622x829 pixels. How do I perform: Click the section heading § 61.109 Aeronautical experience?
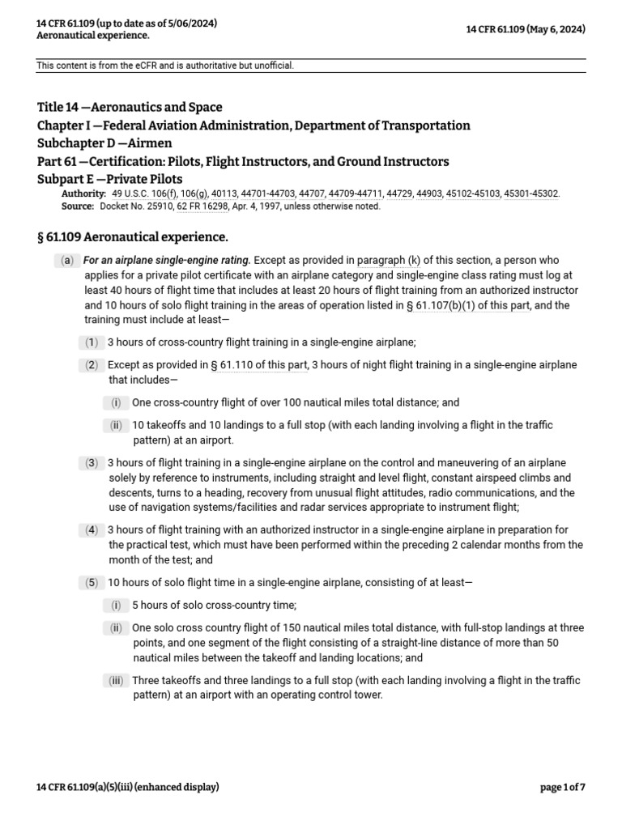tap(133, 237)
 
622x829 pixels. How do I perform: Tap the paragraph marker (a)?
tap(66, 261)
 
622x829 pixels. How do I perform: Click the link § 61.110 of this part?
tap(259, 365)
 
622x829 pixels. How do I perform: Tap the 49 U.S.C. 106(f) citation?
tap(143, 194)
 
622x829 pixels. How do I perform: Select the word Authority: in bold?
tap(83, 194)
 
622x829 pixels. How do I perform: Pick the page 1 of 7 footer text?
tap(562, 787)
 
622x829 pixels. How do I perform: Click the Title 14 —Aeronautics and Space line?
tap(130, 107)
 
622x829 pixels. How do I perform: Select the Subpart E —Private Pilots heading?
tap(110, 179)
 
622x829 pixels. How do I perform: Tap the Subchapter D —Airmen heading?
tap(104, 143)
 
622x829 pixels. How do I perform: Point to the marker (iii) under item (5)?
tap(116, 681)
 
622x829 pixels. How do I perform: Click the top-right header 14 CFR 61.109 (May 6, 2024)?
tap(526, 30)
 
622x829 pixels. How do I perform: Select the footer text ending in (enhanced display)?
tap(128, 787)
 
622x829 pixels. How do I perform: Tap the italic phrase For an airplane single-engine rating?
tap(168, 261)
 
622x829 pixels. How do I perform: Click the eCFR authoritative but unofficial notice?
tap(165, 66)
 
